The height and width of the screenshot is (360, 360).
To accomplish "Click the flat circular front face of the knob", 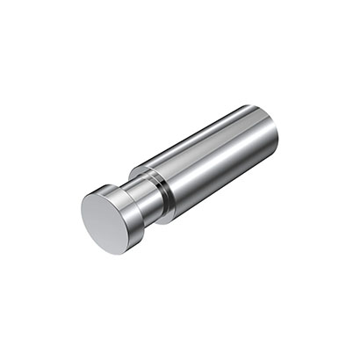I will point(106,222).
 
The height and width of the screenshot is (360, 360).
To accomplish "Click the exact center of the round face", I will point(106,222).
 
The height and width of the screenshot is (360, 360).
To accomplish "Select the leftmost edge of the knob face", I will point(82,215).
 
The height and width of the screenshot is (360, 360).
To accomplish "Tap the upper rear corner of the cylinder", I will point(255,106).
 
